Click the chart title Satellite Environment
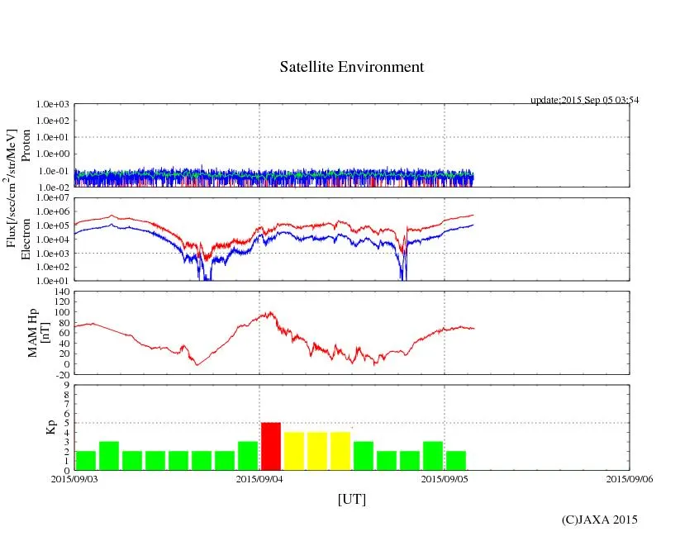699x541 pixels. pos(351,67)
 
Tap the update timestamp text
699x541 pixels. pos(584,100)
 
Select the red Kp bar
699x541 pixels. pos(271,446)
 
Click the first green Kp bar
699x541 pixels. pos(86,460)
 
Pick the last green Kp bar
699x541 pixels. pos(456,460)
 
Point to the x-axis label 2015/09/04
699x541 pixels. pos(259,478)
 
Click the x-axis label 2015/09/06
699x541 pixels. pos(630,478)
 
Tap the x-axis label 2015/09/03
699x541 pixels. pos(74,478)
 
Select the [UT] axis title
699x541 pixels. pos(351,499)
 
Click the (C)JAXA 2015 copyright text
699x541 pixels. pos(599,520)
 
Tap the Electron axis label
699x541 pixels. pos(26,240)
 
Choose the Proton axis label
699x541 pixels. pos(26,145)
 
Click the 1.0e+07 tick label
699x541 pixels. pos(53,198)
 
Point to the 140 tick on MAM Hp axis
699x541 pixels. pos(61,292)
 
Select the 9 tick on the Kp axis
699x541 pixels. pos(66,384)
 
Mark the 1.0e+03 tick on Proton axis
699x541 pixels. pos(53,105)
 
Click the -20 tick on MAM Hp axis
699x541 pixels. pos(61,374)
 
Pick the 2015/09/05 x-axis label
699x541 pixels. pos(445,478)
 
